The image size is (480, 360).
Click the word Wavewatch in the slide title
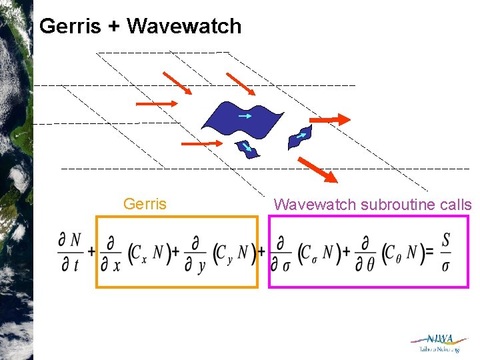[183, 26]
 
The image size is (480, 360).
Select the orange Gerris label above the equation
[145, 204]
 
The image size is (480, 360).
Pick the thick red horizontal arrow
[331, 119]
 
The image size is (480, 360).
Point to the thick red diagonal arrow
[317, 169]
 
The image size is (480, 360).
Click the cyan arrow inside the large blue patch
[245, 116]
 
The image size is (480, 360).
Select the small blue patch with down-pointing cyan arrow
[247, 149]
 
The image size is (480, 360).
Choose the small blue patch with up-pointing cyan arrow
[300, 136]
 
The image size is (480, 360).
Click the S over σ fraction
[445, 252]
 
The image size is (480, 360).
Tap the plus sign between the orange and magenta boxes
[262, 253]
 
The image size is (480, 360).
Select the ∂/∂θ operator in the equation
[368, 252]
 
